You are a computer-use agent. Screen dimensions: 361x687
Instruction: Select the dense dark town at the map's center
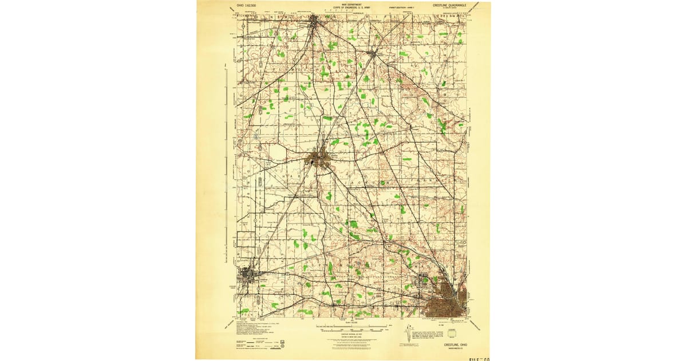coord(319,159)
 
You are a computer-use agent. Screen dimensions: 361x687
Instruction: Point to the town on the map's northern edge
coord(314,22)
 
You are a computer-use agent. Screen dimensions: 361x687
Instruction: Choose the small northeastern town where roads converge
coord(373,55)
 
